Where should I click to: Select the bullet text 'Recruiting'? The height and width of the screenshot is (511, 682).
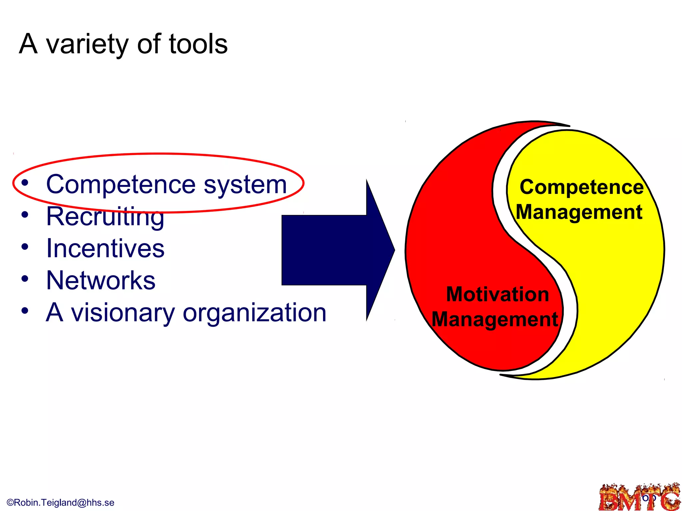[x=105, y=217]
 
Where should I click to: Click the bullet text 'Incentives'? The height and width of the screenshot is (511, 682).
[x=105, y=249]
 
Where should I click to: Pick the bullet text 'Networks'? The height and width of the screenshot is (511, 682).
[x=101, y=280]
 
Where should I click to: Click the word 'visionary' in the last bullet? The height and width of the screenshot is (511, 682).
[x=123, y=313]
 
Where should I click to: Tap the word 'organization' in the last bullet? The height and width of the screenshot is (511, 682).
[x=254, y=313]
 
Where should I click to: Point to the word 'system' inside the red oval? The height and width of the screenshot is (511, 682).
[x=245, y=185]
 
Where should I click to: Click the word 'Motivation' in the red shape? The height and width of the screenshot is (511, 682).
[x=497, y=294]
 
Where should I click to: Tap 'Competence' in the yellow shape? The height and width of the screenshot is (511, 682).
[x=581, y=187]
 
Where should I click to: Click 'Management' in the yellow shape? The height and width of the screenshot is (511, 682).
[x=579, y=212]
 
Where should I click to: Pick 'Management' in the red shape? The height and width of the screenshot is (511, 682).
[x=495, y=319]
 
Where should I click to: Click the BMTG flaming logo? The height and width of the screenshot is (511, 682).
[x=639, y=498]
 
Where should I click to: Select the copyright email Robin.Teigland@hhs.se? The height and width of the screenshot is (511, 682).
[x=61, y=502]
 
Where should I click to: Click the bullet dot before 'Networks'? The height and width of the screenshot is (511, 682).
[x=25, y=279]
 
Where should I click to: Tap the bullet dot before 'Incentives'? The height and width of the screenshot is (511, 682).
[x=25, y=247]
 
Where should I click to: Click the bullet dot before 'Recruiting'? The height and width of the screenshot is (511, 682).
[x=25, y=215]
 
